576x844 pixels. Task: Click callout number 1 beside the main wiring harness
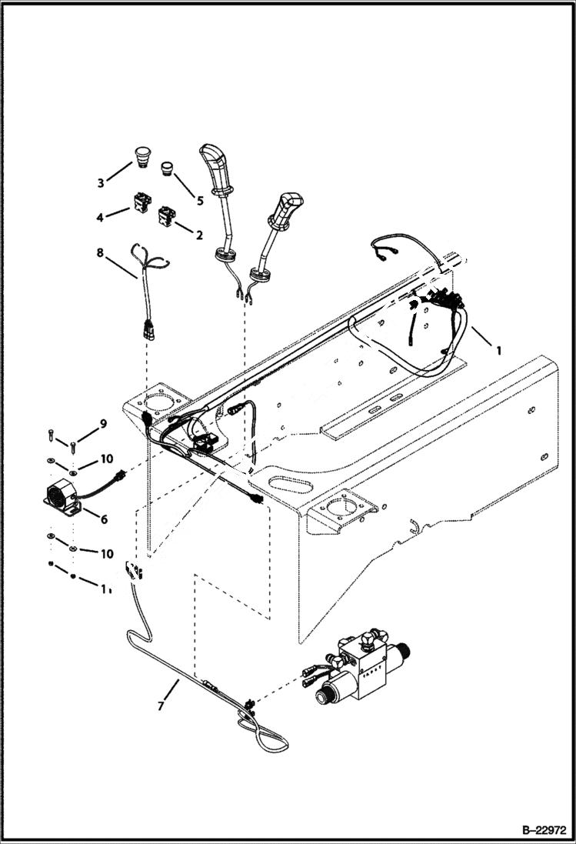point(498,349)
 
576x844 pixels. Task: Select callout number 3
point(101,182)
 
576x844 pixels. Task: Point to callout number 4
point(100,219)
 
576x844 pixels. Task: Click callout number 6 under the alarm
point(104,519)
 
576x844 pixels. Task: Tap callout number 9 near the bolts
point(103,424)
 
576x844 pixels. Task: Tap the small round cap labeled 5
point(168,167)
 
